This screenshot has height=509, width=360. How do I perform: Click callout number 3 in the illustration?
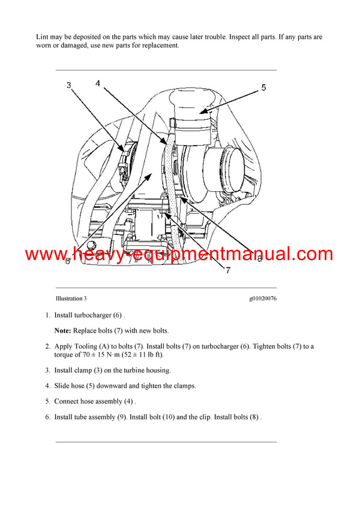[68, 85]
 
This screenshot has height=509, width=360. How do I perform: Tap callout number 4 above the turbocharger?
[97, 83]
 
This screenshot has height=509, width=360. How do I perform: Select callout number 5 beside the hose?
[263, 88]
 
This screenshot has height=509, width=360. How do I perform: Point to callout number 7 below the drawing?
[227, 270]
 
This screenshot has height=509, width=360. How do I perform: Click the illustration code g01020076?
[262, 299]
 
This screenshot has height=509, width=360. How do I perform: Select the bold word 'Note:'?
[63, 330]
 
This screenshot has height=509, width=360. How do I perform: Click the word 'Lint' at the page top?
[43, 37]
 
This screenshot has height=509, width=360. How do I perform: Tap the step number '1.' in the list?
[47, 315]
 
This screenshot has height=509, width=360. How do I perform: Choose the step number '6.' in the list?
[47, 417]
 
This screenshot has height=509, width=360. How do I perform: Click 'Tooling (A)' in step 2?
[94, 347]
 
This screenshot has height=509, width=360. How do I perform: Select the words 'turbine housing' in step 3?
[147, 370]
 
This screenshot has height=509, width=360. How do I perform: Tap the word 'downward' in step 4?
[111, 385]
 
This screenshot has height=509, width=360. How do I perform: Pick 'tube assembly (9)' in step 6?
[97, 417]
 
